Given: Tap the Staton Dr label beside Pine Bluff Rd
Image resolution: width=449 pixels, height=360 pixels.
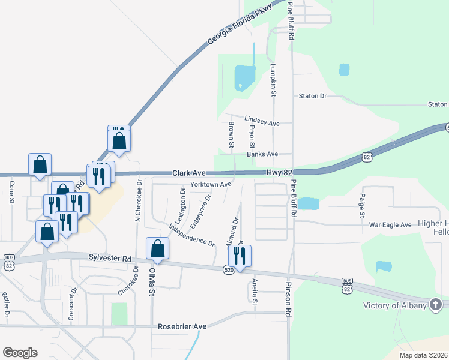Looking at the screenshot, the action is point(313,96).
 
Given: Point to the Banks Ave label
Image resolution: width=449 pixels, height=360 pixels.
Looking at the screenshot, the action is point(262,154).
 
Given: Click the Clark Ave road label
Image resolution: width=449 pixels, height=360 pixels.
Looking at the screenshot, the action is point(190,172).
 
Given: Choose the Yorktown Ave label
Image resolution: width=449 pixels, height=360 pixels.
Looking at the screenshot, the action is point(210,184).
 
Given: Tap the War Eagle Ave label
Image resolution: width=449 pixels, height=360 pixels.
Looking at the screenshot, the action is point(390,224).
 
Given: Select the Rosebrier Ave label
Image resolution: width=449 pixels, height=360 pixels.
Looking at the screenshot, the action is point(182,327).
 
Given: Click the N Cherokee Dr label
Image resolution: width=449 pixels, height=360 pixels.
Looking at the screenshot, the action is point(139,200).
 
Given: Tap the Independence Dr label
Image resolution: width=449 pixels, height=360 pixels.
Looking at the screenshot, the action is point(192,235).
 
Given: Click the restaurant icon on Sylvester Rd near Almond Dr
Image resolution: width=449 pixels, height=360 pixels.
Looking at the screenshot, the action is point(240,256).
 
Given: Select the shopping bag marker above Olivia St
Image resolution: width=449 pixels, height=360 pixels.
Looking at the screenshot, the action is point(157,248).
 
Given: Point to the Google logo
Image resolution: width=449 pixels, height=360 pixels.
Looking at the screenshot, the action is point(20,353).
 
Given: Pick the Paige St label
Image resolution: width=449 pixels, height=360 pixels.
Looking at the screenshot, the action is point(362,205).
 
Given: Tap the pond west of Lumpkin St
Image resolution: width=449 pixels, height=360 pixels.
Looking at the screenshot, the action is point(244,77).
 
